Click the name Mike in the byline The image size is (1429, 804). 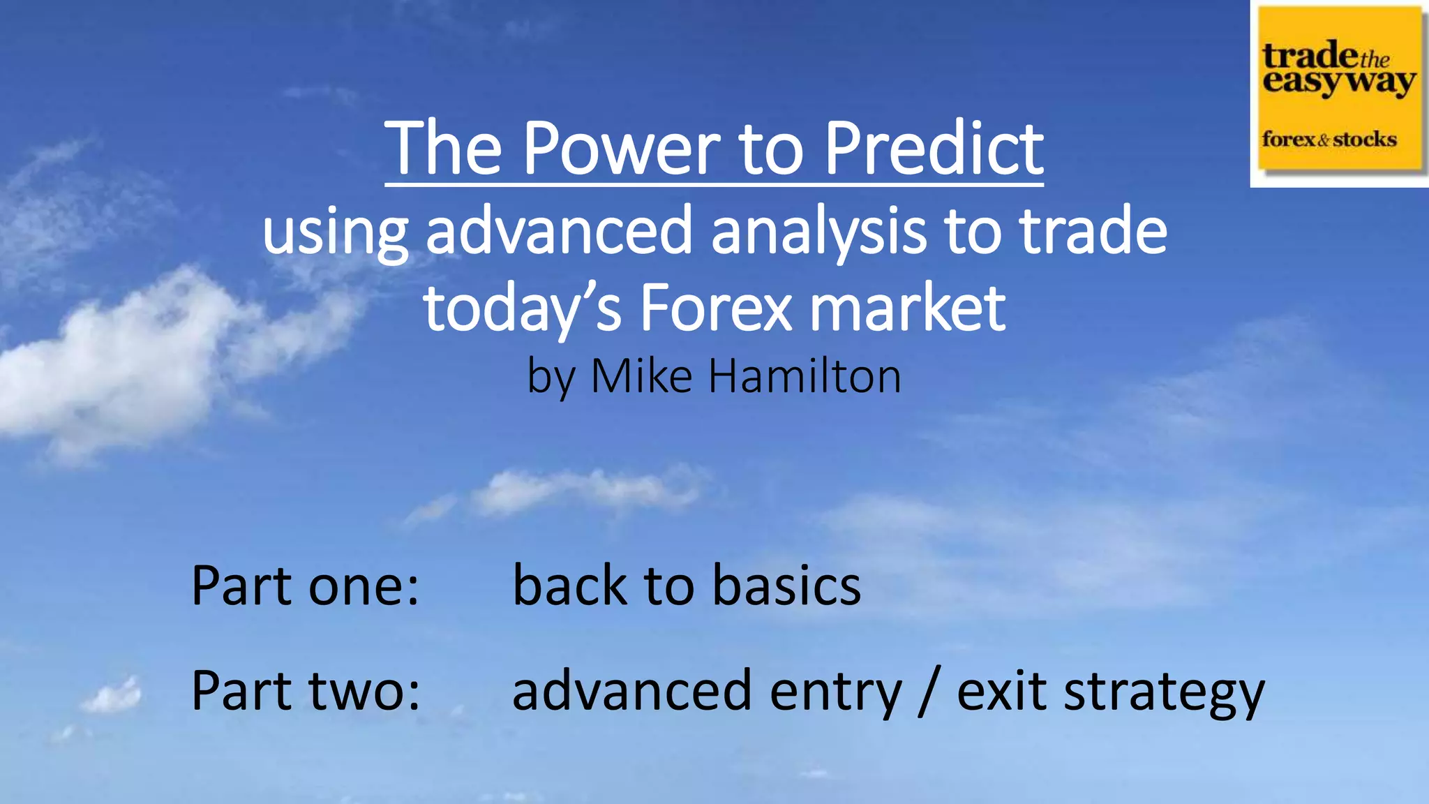tap(642, 376)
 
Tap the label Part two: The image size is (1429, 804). tap(306, 690)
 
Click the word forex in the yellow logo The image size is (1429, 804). tap(1288, 140)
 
